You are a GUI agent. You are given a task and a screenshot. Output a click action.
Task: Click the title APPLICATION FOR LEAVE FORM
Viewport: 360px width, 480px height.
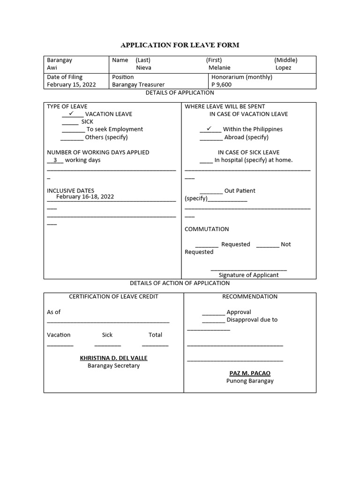click(x=180, y=45)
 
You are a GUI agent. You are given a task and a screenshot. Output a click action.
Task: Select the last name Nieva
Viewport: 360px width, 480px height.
click(x=143, y=67)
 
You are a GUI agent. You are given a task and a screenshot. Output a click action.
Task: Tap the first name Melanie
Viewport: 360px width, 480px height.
click(x=219, y=67)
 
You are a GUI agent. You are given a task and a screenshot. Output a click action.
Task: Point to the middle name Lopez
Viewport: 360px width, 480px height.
click(x=283, y=67)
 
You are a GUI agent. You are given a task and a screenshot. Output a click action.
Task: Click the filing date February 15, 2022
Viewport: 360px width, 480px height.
click(x=71, y=85)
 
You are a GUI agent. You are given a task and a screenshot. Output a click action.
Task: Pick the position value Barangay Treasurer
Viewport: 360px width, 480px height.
click(x=138, y=85)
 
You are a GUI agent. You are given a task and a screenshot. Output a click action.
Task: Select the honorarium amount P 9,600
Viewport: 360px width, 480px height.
click(x=221, y=85)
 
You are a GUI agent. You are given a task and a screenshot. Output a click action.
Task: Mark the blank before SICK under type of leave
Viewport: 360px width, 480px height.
click(x=70, y=122)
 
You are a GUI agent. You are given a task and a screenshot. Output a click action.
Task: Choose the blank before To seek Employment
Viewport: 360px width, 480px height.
click(x=73, y=129)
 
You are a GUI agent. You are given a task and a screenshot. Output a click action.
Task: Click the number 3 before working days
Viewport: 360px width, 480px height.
click(x=55, y=160)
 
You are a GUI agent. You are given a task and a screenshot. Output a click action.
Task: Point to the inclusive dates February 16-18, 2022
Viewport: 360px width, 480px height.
click(x=85, y=197)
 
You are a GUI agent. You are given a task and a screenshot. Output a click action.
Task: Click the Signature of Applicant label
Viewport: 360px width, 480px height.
click(x=248, y=275)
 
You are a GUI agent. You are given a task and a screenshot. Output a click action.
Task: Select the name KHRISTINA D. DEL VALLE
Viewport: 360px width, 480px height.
click(x=113, y=358)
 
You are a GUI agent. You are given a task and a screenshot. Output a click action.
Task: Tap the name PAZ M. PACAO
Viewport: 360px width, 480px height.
click(x=250, y=374)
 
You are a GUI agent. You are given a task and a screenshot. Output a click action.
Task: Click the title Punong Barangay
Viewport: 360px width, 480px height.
click(x=250, y=381)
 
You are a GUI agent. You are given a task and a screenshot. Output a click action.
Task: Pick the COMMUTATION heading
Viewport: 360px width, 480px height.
click(x=207, y=229)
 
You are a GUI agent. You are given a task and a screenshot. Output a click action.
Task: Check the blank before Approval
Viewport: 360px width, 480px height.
click(x=214, y=313)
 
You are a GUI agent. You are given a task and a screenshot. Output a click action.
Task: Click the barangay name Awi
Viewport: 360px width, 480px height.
click(x=52, y=67)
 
